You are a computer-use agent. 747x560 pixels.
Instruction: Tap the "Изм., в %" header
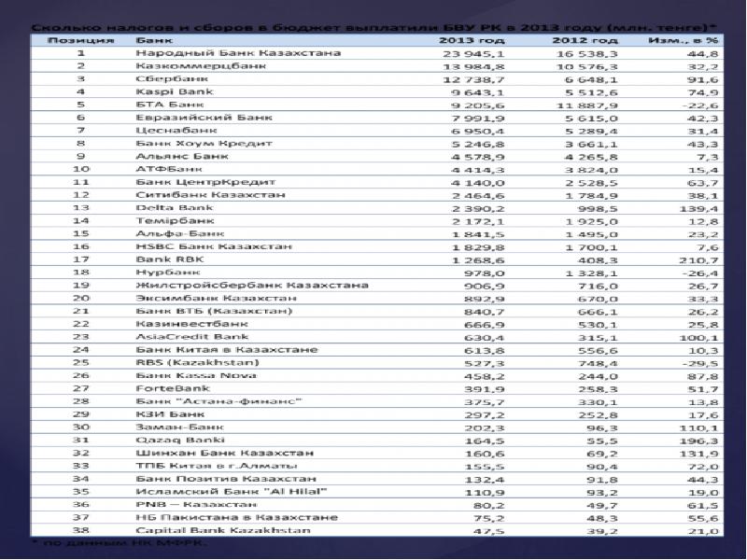686,40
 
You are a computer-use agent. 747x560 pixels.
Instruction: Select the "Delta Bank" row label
169,207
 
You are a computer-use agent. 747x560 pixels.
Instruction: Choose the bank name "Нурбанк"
164,272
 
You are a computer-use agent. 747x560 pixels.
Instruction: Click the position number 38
81,529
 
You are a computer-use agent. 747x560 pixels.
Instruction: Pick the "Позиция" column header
82,40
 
